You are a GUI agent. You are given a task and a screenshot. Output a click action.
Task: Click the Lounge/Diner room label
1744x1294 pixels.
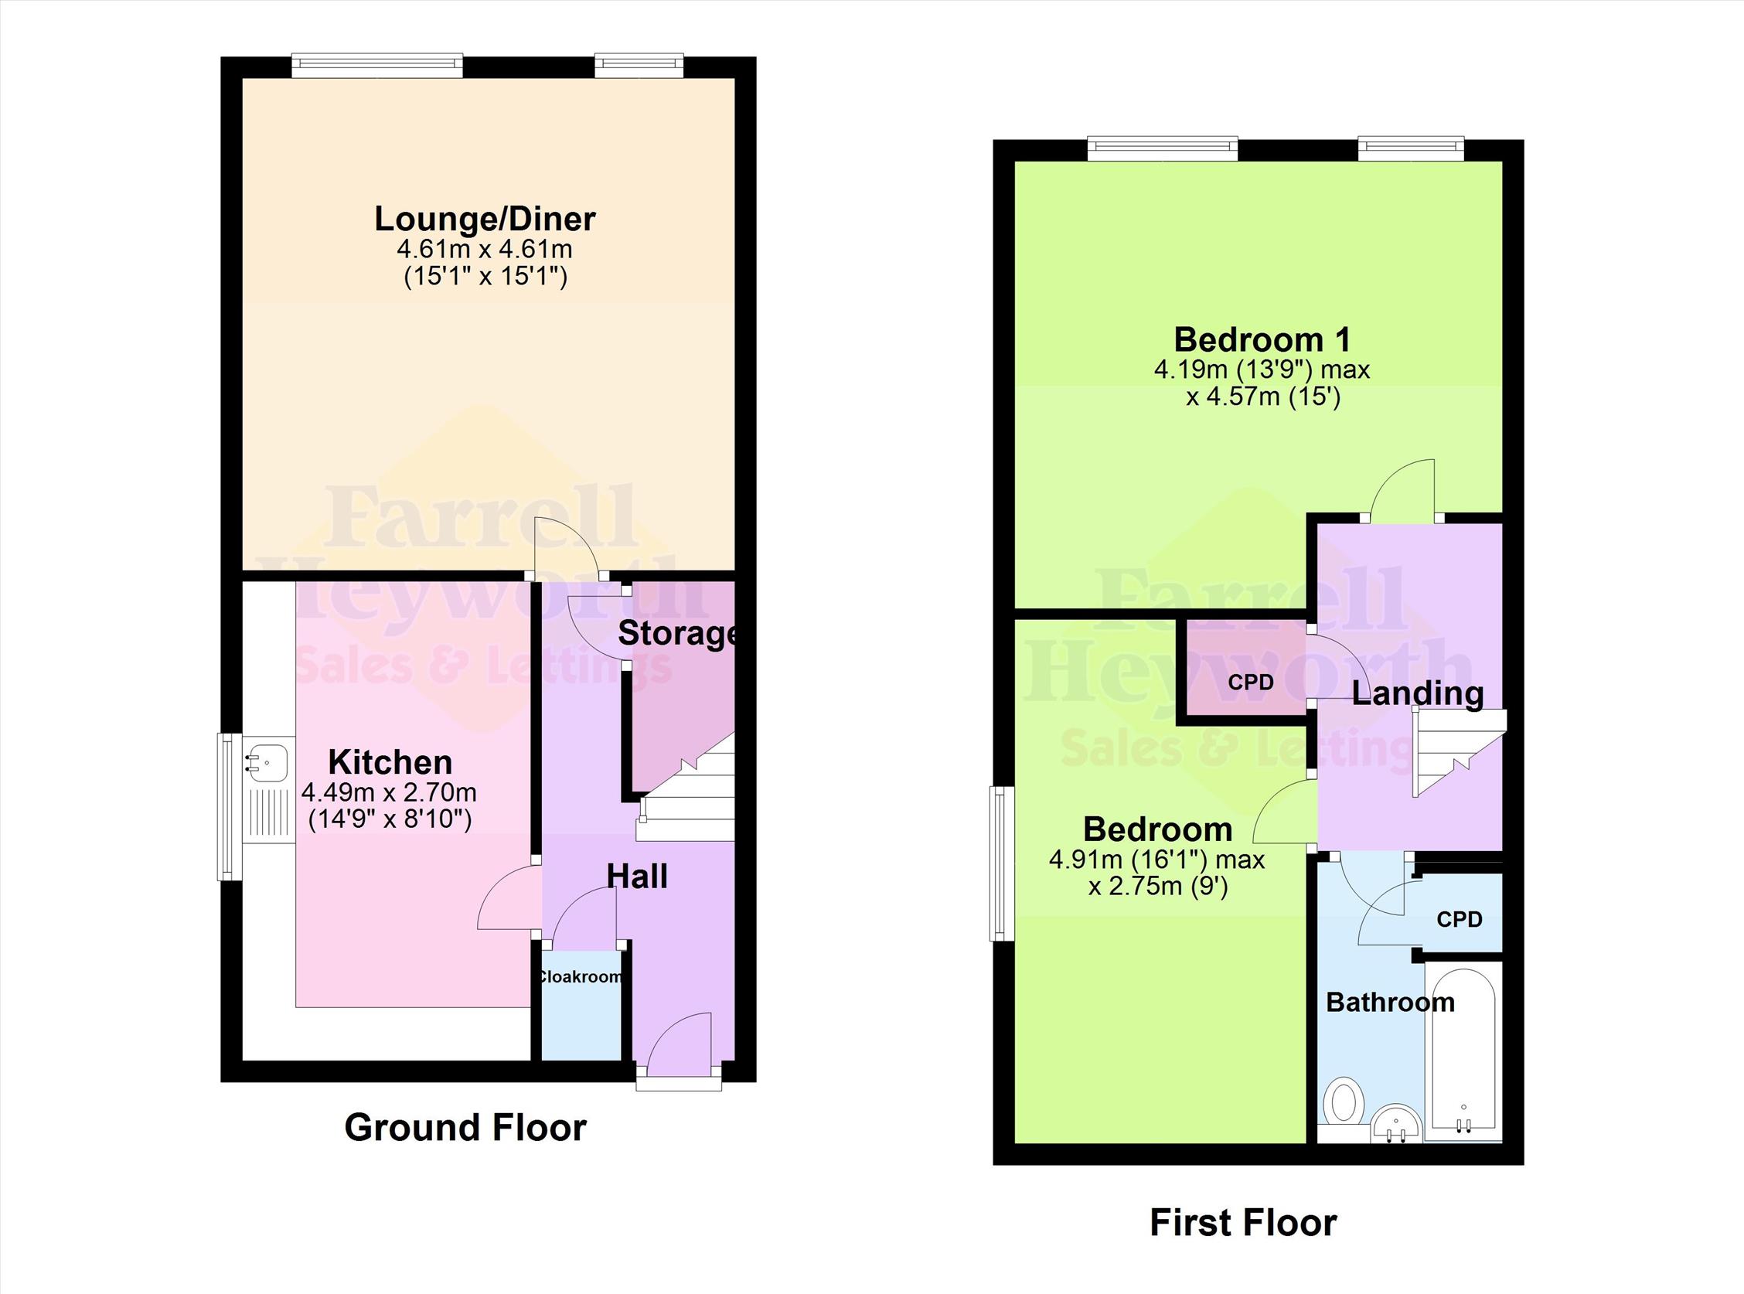[x=485, y=219]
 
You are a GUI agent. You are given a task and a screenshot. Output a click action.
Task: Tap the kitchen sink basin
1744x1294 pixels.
[x=267, y=759]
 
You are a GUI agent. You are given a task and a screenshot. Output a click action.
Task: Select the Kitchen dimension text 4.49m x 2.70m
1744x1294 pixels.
[x=389, y=792]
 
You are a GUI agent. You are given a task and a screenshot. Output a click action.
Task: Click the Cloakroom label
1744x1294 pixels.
[x=581, y=977]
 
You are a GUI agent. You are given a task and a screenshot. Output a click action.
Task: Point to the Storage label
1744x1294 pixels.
[x=677, y=634]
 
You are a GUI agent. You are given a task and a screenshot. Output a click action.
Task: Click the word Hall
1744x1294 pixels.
[x=638, y=877]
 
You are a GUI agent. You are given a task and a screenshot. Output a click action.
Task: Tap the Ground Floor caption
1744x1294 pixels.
[x=465, y=1128]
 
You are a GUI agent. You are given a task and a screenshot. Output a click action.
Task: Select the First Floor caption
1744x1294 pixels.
[x=1243, y=1223]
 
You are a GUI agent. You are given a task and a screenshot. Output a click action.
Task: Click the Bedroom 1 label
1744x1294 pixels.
[x=1262, y=340]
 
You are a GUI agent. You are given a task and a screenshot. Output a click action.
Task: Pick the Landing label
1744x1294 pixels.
[x=1418, y=693]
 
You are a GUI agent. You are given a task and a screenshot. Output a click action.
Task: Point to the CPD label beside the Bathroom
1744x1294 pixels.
[x=1460, y=919]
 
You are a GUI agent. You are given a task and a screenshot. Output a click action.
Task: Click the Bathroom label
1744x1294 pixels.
[x=1390, y=1002]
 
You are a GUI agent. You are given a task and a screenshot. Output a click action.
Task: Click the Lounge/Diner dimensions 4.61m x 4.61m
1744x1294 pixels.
[x=485, y=250]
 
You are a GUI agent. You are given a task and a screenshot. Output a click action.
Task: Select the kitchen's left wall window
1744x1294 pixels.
[x=229, y=807]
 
